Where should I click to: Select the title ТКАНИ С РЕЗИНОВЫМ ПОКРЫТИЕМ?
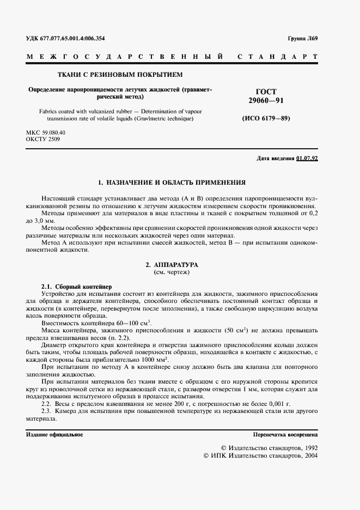120,74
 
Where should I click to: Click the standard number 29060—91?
266,101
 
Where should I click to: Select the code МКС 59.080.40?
46,132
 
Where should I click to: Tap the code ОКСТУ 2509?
43,139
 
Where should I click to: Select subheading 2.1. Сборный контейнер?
76,287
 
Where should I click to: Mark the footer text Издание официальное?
54,434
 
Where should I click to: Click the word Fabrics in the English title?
51,111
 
